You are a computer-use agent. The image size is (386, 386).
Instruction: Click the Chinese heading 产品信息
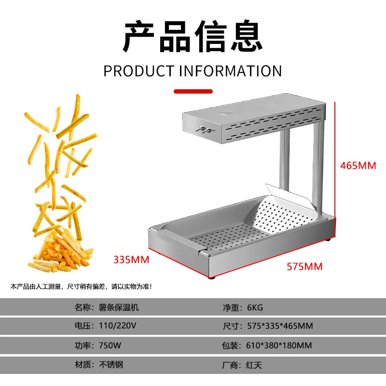click(193, 37)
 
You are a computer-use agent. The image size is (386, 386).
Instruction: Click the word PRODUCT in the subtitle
click(138, 71)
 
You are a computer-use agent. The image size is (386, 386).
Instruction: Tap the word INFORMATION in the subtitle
click(231, 71)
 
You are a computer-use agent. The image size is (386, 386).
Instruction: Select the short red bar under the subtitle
click(193, 91)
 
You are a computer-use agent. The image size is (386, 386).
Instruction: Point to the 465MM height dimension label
click(358, 165)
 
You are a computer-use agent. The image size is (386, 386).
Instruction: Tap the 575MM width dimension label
click(304, 266)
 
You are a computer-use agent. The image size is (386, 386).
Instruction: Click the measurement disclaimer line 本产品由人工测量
click(81, 287)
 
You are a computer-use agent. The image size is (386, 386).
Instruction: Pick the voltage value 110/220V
click(119, 326)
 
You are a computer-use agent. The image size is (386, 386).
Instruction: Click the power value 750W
click(109, 345)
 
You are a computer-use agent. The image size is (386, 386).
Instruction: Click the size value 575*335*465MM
click(280, 326)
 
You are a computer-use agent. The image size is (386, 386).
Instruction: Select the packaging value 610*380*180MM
click(279, 345)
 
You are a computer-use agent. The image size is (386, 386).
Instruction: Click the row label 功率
click(82, 345)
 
